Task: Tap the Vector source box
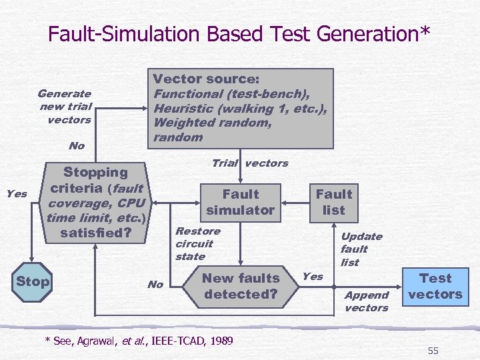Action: pos(240,108)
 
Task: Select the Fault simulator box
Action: pos(240,202)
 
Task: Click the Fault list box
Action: pos(333,202)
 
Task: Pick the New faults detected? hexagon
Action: pos(240,286)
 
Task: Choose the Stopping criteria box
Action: pos(95,203)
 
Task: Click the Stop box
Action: pos(33,281)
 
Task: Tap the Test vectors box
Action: pos(435,286)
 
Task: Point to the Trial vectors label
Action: pos(249,163)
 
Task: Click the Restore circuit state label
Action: pos(197,243)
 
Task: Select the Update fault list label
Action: pos(361,249)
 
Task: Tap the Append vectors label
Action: pos(366,301)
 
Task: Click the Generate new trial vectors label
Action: pos(65,107)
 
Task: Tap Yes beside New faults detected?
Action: pos(312,276)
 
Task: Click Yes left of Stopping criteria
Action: pos(17,194)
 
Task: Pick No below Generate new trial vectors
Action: pos(77,146)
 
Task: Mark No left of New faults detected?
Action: pos(155,285)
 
